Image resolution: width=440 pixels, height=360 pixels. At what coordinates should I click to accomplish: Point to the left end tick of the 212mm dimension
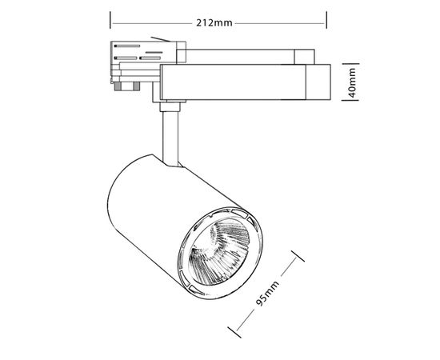[x=110, y=22]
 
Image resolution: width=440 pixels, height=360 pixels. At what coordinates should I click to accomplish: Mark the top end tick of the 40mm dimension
[x=346, y=62]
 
